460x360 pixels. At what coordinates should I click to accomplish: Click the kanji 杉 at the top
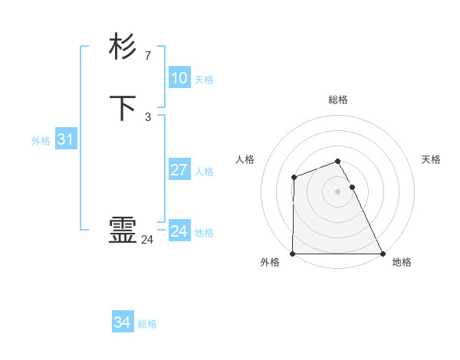[123, 47]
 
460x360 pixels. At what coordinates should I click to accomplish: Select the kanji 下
[123, 108]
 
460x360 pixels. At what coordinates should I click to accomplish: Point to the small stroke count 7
[148, 56]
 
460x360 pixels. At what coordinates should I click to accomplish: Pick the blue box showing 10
[179, 78]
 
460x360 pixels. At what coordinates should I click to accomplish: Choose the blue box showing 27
[179, 170]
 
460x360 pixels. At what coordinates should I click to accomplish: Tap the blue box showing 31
[65, 139]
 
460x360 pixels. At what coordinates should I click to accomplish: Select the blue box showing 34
[122, 323]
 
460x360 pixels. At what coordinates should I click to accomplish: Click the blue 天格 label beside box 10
[204, 80]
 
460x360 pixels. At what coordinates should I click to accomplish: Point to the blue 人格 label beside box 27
[204, 172]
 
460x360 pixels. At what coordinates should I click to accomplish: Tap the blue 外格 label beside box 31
[41, 141]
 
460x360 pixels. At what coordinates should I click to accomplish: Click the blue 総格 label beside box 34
[147, 325]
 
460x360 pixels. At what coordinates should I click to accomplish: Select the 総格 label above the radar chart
[337, 100]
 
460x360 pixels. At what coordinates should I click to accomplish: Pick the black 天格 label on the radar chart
[432, 159]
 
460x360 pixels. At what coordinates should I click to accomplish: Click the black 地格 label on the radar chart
[402, 262]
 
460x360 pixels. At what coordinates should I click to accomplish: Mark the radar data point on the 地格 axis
[383, 254]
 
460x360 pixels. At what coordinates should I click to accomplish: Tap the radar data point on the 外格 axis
[293, 254]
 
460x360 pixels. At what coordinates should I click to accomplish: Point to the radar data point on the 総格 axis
[337, 161]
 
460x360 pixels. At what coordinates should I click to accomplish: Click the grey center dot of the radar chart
[337, 191]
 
